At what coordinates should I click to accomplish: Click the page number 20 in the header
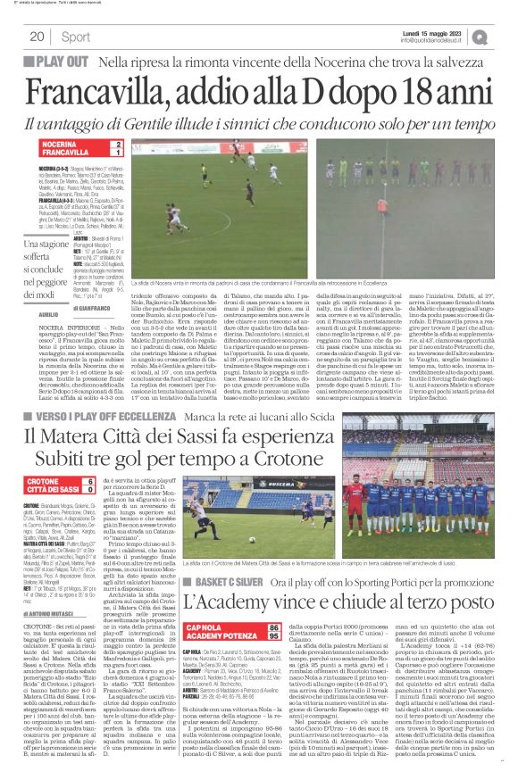(38, 37)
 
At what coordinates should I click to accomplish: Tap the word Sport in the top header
(74, 37)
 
